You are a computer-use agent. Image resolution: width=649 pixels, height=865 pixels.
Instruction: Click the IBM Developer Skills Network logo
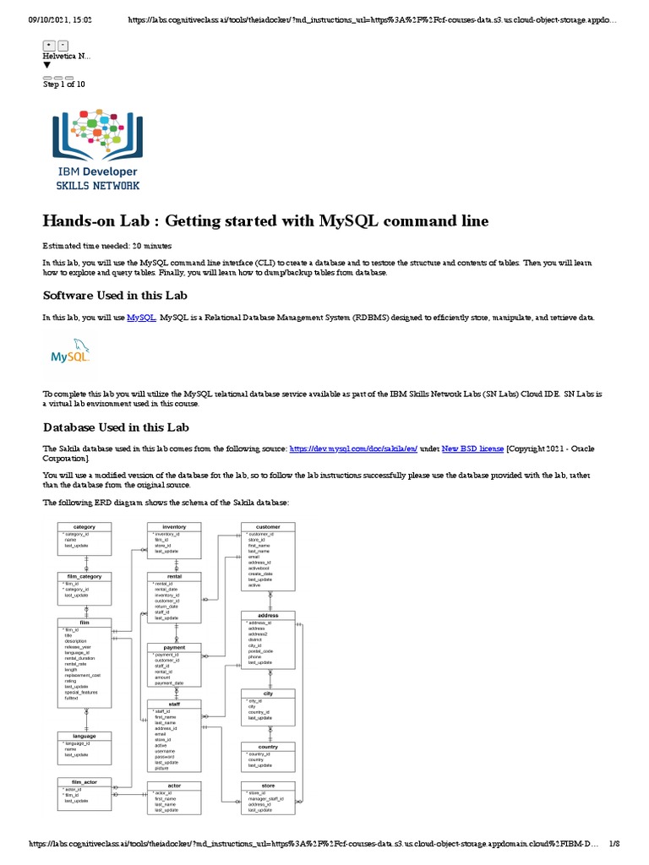point(97,149)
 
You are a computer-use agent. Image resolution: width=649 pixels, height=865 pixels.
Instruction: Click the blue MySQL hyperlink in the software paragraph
point(141,317)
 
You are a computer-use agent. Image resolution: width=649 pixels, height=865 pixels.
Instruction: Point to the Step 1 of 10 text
point(63,84)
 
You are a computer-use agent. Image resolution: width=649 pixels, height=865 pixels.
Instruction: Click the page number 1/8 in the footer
point(614,844)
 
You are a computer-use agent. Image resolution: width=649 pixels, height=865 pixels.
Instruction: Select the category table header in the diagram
point(85,527)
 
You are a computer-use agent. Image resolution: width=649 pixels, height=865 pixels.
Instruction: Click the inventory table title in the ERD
point(174,527)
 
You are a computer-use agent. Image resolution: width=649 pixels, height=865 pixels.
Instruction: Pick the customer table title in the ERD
point(268,527)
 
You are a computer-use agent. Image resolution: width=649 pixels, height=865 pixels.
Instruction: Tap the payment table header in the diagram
point(174,648)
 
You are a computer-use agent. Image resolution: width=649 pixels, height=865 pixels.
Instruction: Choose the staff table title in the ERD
point(174,704)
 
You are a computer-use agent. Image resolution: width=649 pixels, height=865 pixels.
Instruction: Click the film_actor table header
point(85,782)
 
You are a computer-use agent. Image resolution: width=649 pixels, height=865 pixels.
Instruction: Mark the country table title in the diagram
point(268,747)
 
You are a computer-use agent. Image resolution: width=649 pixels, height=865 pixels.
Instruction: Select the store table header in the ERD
point(268,786)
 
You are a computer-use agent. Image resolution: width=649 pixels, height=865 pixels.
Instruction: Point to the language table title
point(85,736)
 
